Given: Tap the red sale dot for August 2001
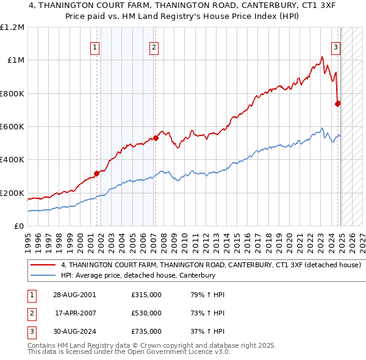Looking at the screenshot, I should pyautogui.click(x=96, y=174).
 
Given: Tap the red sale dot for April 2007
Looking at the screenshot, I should pyautogui.click(x=156, y=138).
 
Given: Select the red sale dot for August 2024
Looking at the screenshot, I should pyautogui.click(x=337, y=104).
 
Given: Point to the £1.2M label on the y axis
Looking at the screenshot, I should pyautogui.click(x=12, y=27).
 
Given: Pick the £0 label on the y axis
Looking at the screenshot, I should pyautogui.click(x=18, y=226).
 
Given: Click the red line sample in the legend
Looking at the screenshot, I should pyautogui.click(x=43, y=265).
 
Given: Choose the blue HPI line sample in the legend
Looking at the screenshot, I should pyautogui.click(x=43, y=275).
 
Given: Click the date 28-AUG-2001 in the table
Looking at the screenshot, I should pyautogui.click(x=74, y=295).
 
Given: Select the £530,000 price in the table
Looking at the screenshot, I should pyautogui.click(x=146, y=313).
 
